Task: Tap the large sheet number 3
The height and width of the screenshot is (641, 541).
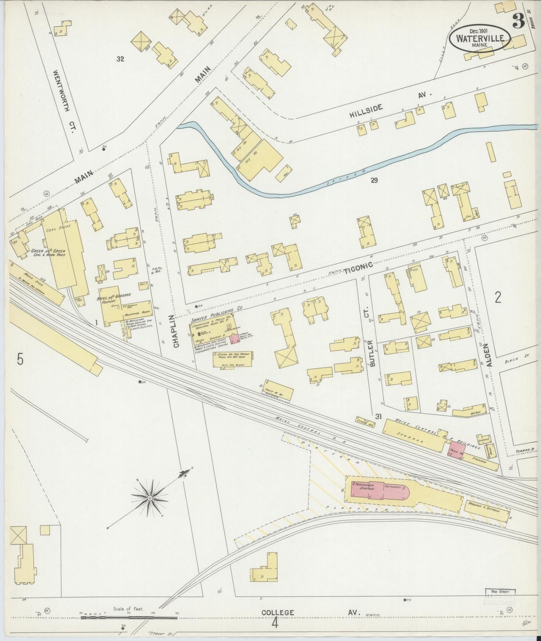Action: [x=518, y=22]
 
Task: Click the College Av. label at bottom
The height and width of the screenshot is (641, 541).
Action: [x=310, y=613]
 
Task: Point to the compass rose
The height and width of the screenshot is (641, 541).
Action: [x=150, y=498]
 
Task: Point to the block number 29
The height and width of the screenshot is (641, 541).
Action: [x=374, y=181]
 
